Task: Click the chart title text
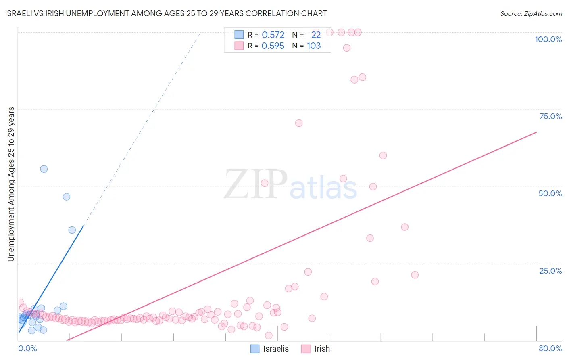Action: click(x=166, y=13)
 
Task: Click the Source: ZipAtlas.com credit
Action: click(x=531, y=13)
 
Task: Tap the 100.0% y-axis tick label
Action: click(x=548, y=39)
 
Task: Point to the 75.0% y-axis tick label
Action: click(x=550, y=116)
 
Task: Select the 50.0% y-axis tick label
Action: click(x=550, y=193)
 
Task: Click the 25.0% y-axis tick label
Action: click(x=550, y=271)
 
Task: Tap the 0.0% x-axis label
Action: click(x=27, y=348)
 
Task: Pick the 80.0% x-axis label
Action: click(x=550, y=348)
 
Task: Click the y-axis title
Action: click(x=11, y=184)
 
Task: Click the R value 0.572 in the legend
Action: click(x=273, y=35)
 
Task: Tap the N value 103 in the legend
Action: click(x=314, y=46)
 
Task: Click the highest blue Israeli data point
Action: click(x=44, y=169)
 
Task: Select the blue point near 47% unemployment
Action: click(x=67, y=197)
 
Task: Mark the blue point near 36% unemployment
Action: click(x=72, y=230)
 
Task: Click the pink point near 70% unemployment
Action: click(x=299, y=123)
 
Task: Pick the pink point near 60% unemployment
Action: click(x=383, y=155)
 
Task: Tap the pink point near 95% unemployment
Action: click(x=347, y=48)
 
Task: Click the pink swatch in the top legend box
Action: click(x=239, y=46)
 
